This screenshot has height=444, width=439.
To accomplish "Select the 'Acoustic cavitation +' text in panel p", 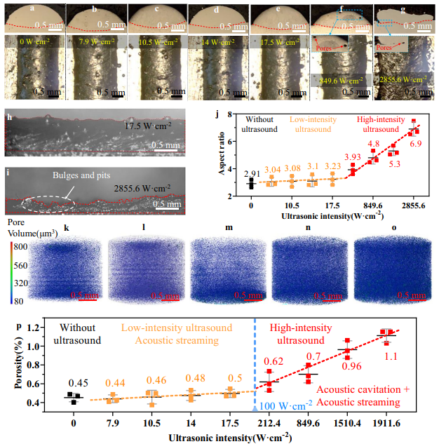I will (355, 389).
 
